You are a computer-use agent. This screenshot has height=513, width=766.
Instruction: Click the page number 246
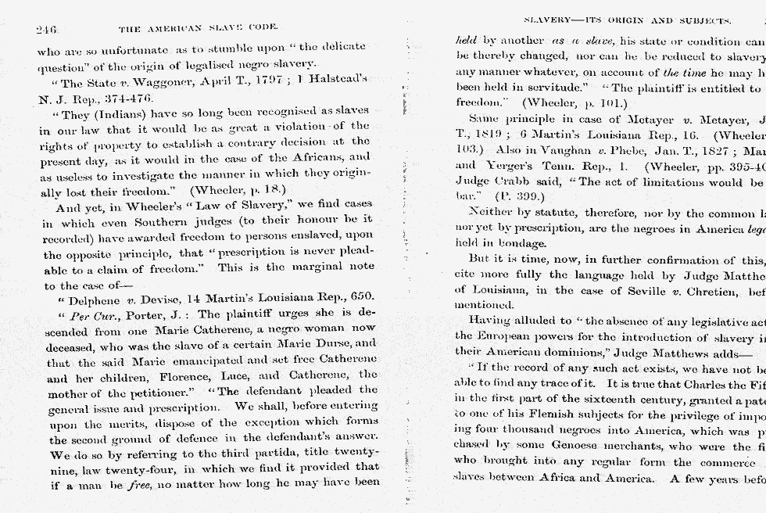47,30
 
